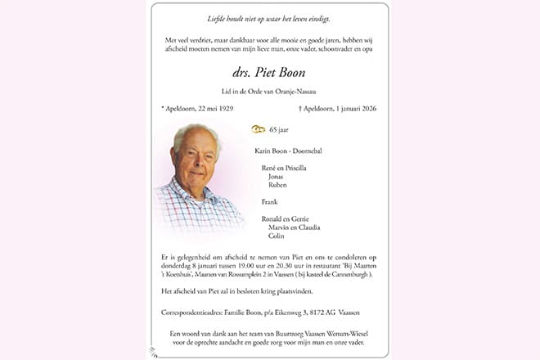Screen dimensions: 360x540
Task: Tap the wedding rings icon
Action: pos(258,129)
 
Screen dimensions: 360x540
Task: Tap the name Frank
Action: pos(270,201)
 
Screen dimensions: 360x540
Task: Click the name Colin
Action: pos(277,236)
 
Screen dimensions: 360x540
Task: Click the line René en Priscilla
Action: pos(284,168)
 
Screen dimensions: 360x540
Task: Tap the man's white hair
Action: pos(195,133)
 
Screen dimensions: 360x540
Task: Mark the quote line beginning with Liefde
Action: pos(269,19)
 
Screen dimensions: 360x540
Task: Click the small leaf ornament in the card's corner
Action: pos(153,352)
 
